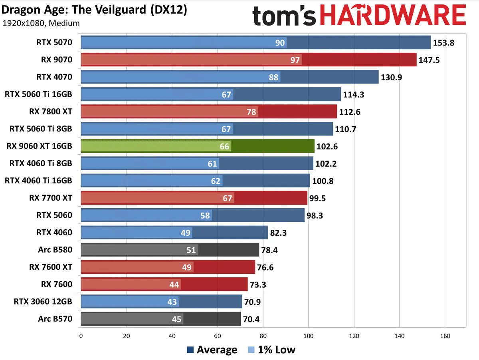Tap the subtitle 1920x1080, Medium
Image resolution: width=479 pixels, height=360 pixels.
(41, 23)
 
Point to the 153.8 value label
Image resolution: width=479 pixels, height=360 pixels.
(444, 43)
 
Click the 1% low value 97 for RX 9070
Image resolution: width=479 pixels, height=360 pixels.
(296, 60)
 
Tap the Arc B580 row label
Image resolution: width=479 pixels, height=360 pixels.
(56, 250)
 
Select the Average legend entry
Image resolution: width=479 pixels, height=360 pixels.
(212, 350)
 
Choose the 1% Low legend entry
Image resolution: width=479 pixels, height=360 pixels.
(272, 350)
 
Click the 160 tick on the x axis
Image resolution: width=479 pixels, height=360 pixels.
(445, 336)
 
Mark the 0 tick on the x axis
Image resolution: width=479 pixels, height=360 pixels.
(81, 336)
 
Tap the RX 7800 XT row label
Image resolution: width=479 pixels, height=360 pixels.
(51, 112)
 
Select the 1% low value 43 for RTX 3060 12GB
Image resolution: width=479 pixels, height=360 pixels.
(172, 302)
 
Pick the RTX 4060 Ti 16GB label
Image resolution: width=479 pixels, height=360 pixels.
(38, 181)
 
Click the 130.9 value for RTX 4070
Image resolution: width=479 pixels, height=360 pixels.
(391, 77)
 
